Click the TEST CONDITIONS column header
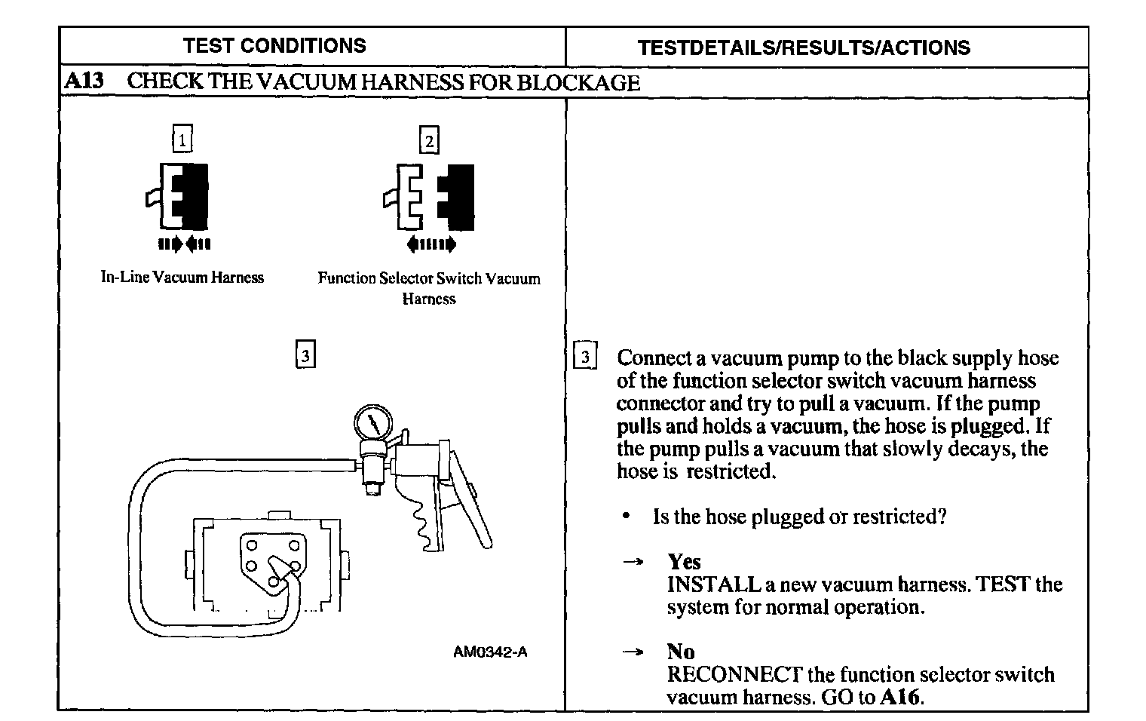[x=274, y=46]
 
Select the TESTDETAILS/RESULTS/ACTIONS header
[x=804, y=48]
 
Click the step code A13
[x=84, y=81]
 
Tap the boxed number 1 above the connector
[x=182, y=140]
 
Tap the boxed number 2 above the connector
[x=429, y=141]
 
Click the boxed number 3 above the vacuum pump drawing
[x=305, y=355]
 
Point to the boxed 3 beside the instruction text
[x=585, y=356]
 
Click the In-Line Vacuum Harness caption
[x=182, y=278]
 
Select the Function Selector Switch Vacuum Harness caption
[x=429, y=288]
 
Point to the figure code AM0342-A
[x=490, y=652]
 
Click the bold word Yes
[x=684, y=562]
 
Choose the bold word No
[x=681, y=652]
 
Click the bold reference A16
[x=900, y=697]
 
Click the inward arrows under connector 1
[x=185, y=244]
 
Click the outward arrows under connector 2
[x=431, y=244]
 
